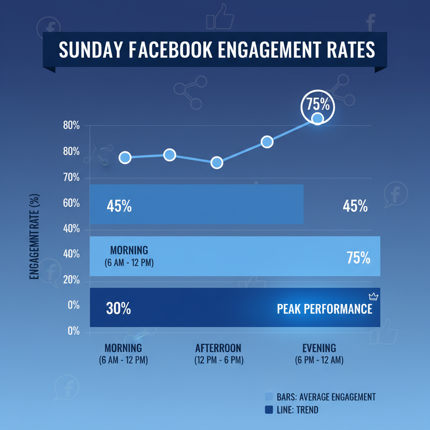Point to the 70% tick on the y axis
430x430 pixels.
coord(71,177)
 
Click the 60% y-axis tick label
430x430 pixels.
coord(71,203)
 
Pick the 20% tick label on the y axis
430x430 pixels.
coord(71,281)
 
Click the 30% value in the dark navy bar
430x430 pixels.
coord(118,309)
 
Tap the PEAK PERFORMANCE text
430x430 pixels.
coord(325,309)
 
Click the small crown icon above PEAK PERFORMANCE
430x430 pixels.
coord(373,297)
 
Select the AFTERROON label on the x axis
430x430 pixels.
coord(218,348)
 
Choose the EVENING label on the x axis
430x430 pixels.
coord(319,348)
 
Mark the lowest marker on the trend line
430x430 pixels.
coord(217,163)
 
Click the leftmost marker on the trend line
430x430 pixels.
coord(125,157)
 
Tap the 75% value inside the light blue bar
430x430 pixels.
coord(358,258)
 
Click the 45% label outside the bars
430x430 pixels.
coord(355,206)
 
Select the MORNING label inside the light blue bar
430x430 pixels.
coord(129,251)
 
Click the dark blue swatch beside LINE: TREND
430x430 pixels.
coord(269,409)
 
